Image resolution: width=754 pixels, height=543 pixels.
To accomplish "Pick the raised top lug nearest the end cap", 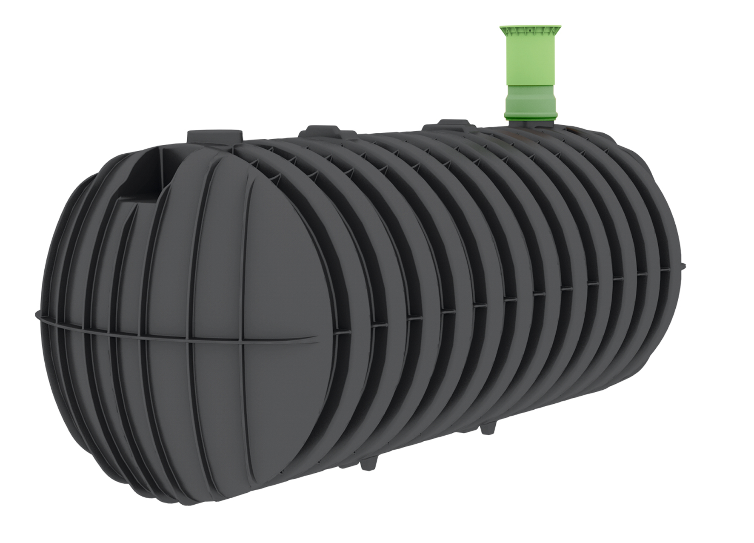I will pyautogui.click(x=215, y=137).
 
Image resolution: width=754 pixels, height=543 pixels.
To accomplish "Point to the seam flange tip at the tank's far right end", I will pyautogui.click(x=683, y=266).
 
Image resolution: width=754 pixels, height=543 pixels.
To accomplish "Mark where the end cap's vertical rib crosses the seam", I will pyautogui.click(x=242, y=341).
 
